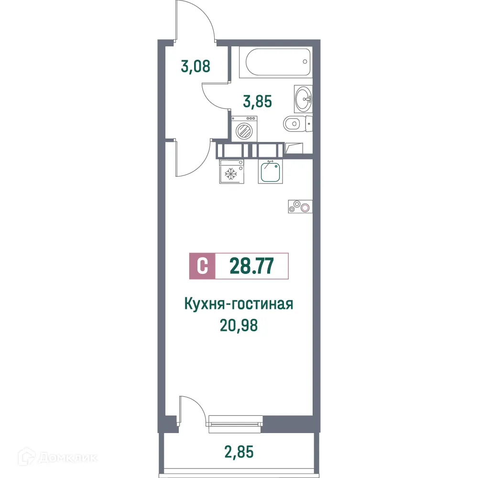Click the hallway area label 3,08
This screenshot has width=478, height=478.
click(196, 65)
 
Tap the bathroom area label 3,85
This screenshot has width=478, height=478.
click(258, 101)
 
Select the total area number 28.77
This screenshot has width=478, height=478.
click(252, 266)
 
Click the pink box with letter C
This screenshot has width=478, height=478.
click(203, 266)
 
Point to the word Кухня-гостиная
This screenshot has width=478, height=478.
click(238, 304)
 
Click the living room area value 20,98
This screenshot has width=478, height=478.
click(239, 325)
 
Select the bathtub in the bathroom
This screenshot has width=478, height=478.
click(278, 63)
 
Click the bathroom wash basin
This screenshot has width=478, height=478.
click(303, 98)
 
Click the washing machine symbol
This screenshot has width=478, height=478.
click(244, 129)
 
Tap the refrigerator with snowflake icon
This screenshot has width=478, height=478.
click(232, 171)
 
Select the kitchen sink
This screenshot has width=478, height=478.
click(271, 172)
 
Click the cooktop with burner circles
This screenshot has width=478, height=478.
click(299, 206)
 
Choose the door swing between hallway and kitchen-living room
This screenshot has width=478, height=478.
click(193, 157)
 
